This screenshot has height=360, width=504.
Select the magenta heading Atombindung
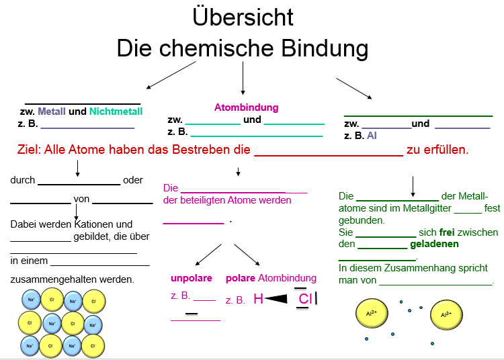tap(246, 107)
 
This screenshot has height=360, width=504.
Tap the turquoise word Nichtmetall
tap(116, 111)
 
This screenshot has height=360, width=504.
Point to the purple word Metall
tap(52, 111)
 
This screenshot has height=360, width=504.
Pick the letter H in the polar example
tap(258, 300)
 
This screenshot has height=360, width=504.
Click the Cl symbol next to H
tap(305, 299)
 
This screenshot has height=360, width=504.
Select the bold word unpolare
tap(192, 278)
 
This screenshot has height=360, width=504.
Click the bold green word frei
tap(447, 232)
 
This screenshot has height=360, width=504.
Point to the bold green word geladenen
tap(434, 244)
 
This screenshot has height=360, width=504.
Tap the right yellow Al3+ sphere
tap(446, 314)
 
